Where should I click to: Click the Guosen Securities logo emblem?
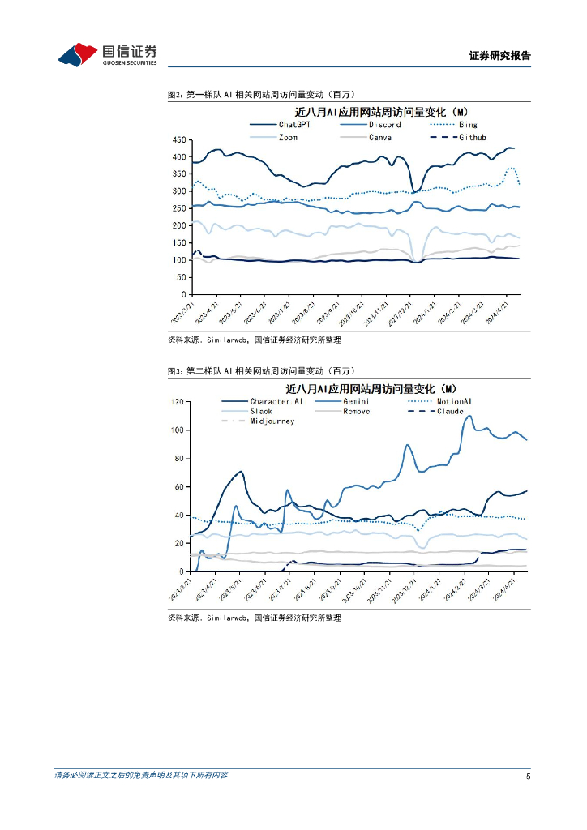coord(78,55)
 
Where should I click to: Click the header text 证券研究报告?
coord(499,56)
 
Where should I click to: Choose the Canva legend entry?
coord(380,137)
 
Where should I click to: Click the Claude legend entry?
coord(450,411)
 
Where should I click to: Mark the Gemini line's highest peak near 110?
coord(469,416)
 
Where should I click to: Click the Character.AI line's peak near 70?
coord(241,472)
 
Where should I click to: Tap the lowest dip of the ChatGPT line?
coord(413,192)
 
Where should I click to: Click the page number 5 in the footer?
coord(528,776)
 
